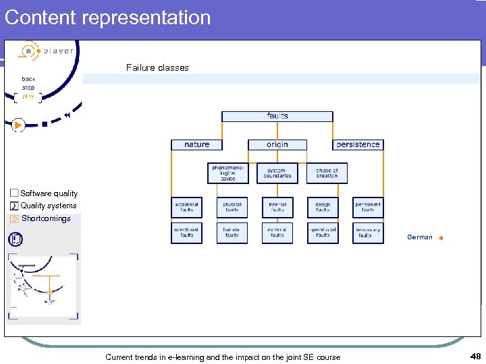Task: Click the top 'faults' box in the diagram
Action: (277, 116)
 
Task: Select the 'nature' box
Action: (196, 144)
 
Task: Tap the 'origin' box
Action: (277, 144)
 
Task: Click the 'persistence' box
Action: (358, 144)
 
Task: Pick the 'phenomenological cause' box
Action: (227, 173)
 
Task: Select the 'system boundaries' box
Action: (277, 173)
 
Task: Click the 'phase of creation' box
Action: (327, 173)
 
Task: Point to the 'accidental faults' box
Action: (186, 207)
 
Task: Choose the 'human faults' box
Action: (232, 233)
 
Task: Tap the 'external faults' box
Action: (277, 233)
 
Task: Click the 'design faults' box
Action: (323, 207)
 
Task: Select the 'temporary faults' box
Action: (368, 233)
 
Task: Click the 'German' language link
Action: (420, 237)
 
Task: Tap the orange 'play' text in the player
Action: (28, 96)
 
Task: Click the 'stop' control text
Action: (28, 88)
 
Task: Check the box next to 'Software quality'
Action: (14, 193)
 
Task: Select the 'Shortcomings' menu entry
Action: (46, 218)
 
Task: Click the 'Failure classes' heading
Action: (157, 67)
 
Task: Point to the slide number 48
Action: (475, 356)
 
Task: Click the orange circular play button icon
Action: (18, 125)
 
